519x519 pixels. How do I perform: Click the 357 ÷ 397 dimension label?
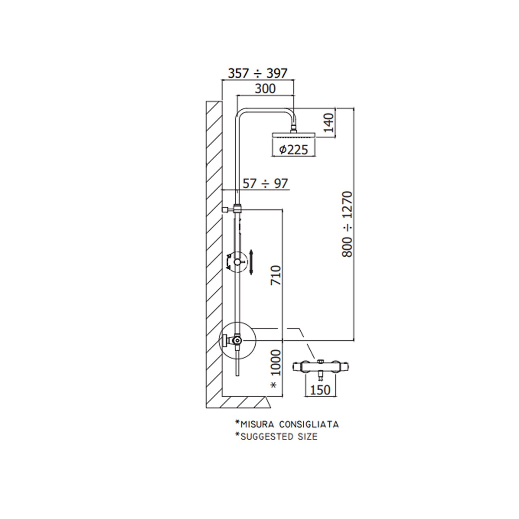click(x=258, y=73)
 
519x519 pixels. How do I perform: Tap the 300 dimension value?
click(x=265, y=89)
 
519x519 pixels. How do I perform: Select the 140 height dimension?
click(x=328, y=123)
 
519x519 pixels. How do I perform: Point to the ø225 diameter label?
click(x=293, y=149)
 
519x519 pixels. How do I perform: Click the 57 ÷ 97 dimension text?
click(x=265, y=183)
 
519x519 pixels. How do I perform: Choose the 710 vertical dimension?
click(x=276, y=275)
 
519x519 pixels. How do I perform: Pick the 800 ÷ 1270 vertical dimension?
click(x=347, y=224)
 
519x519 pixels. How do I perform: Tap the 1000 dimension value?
click(x=276, y=363)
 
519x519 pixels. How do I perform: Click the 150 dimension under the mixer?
click(x=320, y=390)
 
